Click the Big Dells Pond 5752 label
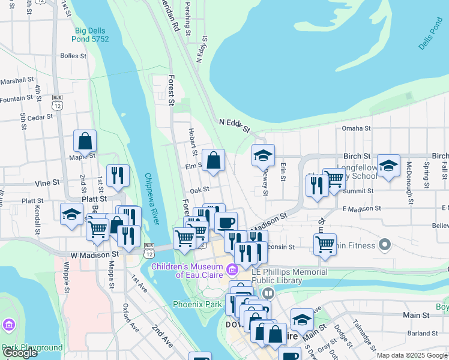tap(92, 35)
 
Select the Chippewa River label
tap(150, 199)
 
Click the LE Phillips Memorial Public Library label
tap(290, 276)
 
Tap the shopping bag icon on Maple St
tap(85, 142)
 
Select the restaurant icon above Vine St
tap(118, 175)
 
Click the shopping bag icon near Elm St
tap(213, 160)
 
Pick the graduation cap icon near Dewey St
tap(263, 155)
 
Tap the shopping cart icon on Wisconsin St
tap(325, 244)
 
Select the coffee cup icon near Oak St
tap(226, 223)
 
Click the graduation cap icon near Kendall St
tap(71, 214)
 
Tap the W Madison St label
tap(94, 254)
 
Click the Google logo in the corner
tap(20, 353)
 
